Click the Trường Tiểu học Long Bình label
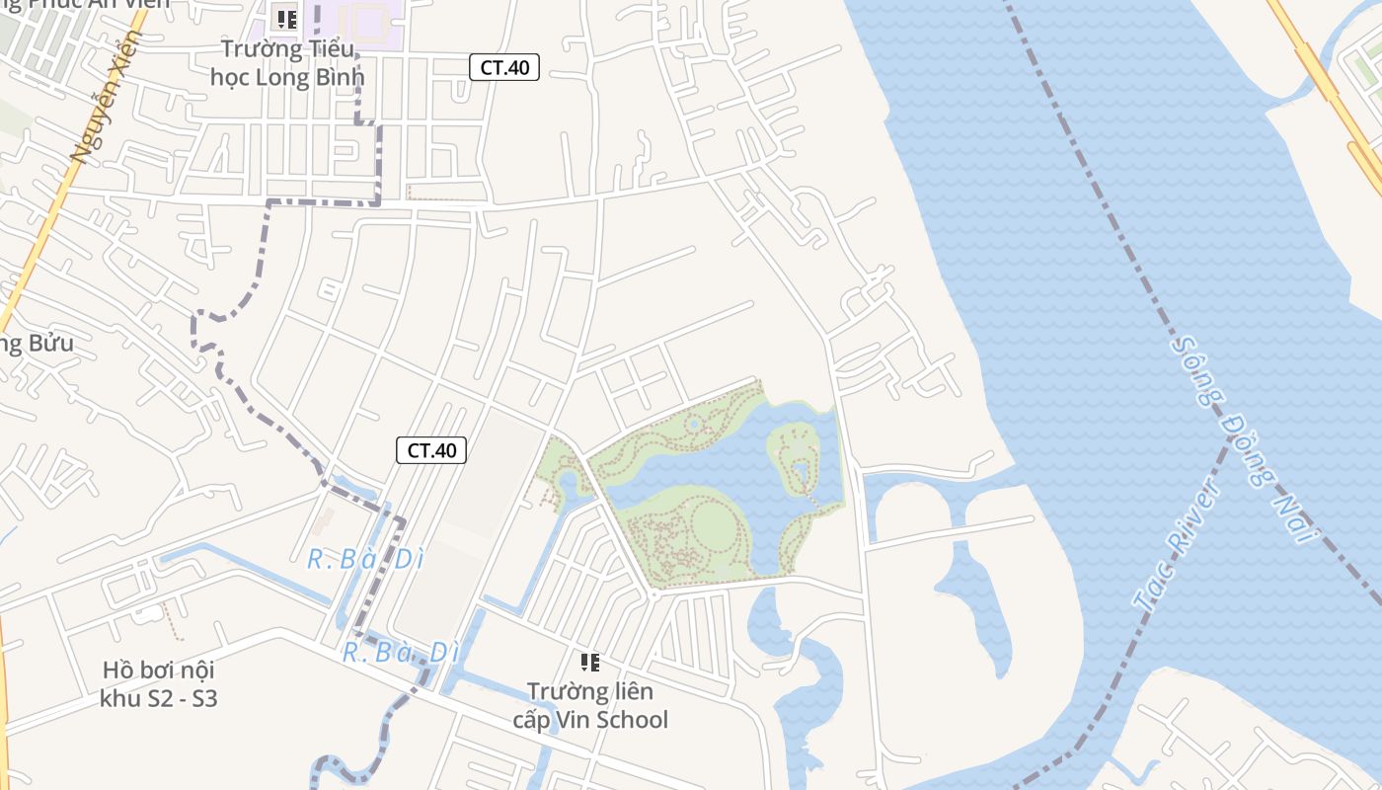click(287, 62)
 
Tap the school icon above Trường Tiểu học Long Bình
click(287, 19)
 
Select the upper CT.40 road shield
click(503, 67)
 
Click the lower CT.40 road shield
click(431, 450)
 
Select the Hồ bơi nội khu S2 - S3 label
click(158, 684)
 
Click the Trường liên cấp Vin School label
click(590, 705)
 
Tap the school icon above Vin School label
click(590, 662)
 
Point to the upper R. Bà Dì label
click(365, 560)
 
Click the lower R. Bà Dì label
click(401, 653)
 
